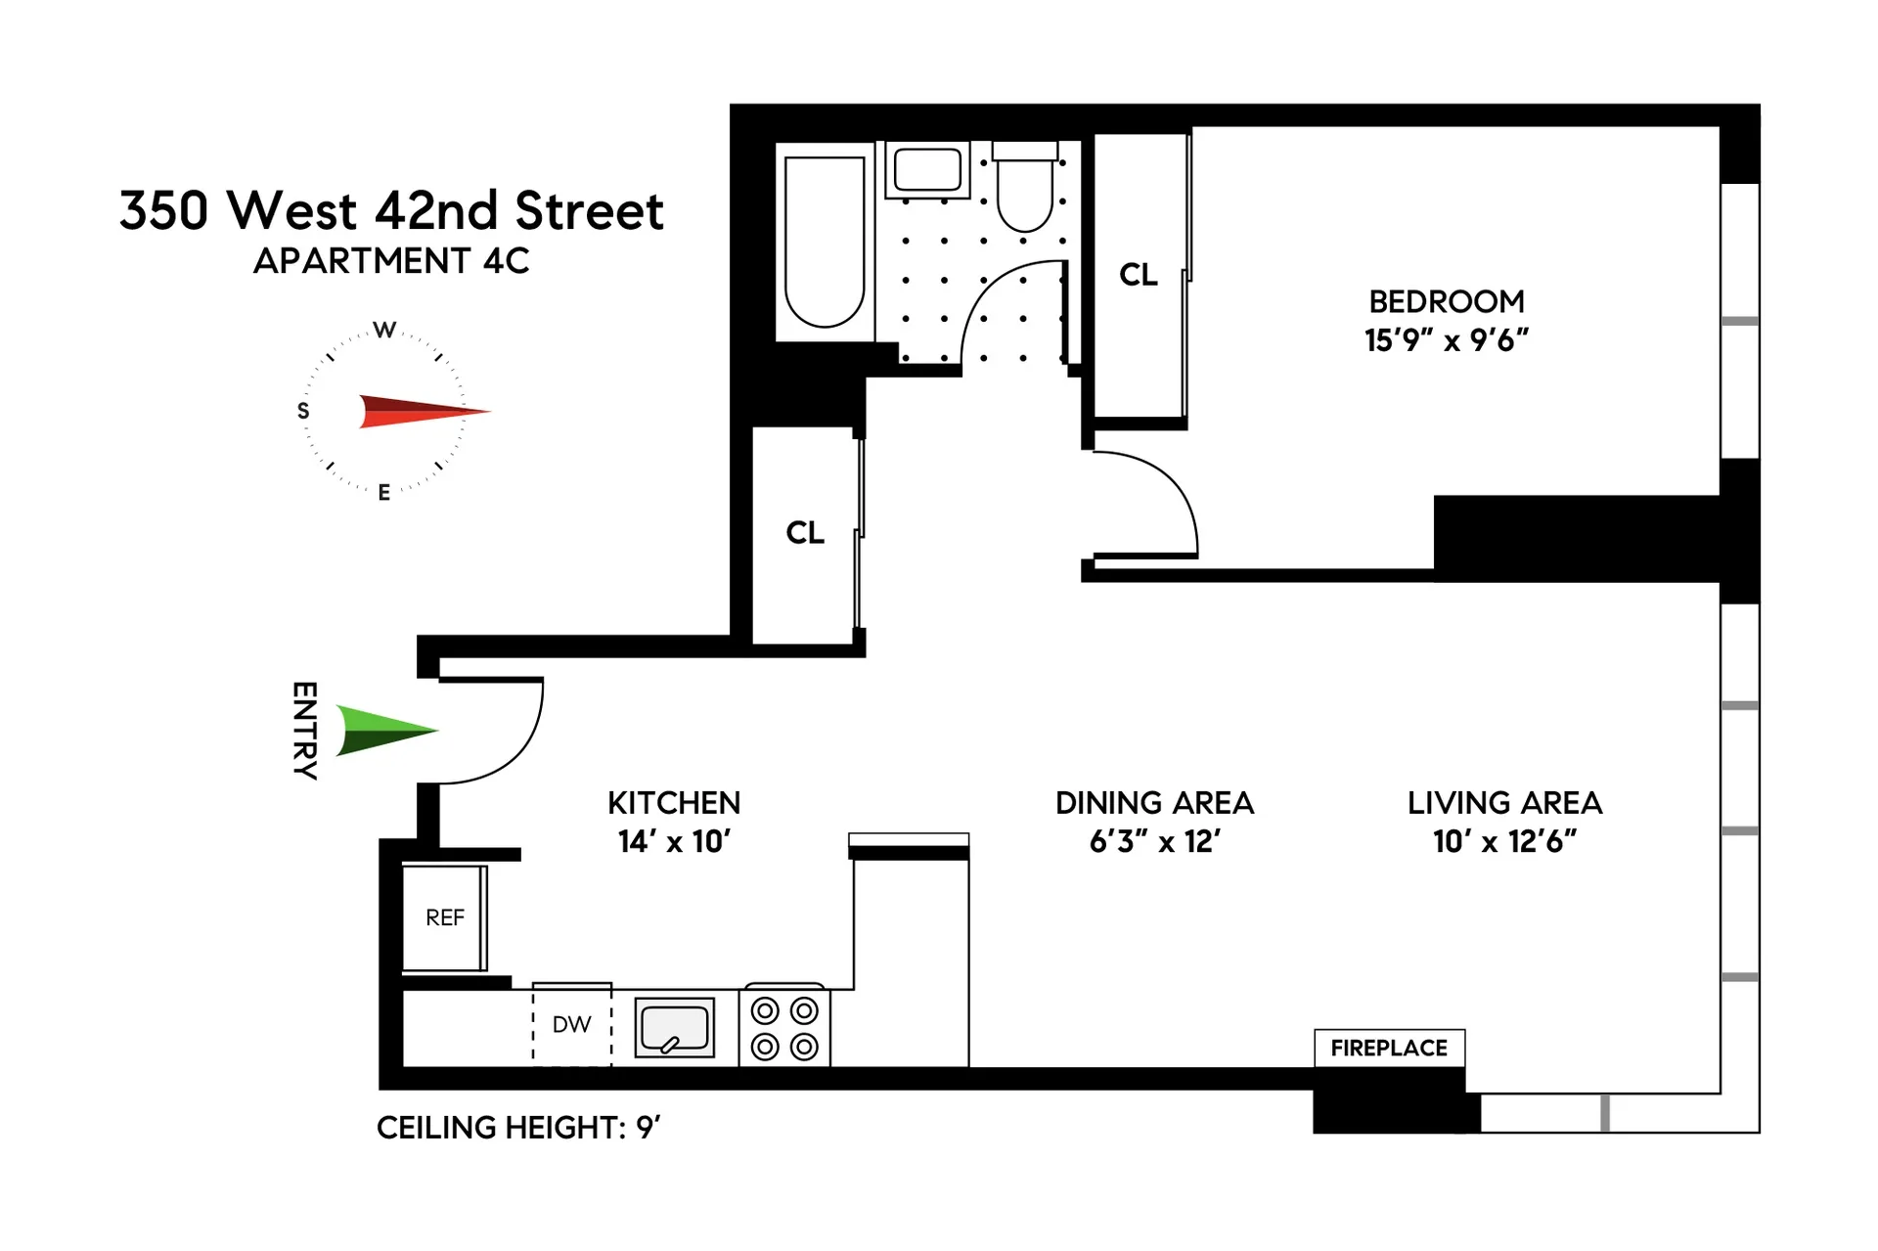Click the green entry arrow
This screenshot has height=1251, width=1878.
[x=383, y=730]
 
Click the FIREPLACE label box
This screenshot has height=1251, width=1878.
[x=1389, y=1048]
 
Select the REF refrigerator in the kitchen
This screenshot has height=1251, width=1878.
[x=445, y=917]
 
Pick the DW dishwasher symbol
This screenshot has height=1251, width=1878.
[x=572, y=1025]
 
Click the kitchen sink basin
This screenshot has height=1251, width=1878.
[x=674, y=1027]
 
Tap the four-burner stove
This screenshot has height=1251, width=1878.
[x=784, y=1028]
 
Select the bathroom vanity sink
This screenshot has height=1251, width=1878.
[x=927, y=169]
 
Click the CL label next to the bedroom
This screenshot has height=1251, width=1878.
[x=1139, y=275]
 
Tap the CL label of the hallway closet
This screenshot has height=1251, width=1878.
[x=805, y=533]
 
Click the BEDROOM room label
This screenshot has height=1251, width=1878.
[x=1447, y=301]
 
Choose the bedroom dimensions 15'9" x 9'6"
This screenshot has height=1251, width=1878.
[x=1447, y=340]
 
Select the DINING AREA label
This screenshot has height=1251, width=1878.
[x=1154, y=803]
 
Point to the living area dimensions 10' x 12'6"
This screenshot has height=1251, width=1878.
[x=1504, y=841]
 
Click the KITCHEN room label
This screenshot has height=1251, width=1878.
[x=674, y=803]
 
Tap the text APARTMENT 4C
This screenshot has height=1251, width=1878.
[x=391, y=261]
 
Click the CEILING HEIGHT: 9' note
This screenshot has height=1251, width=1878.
[x=518, y=1128]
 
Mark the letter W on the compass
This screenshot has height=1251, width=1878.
[x=385, y=331]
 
